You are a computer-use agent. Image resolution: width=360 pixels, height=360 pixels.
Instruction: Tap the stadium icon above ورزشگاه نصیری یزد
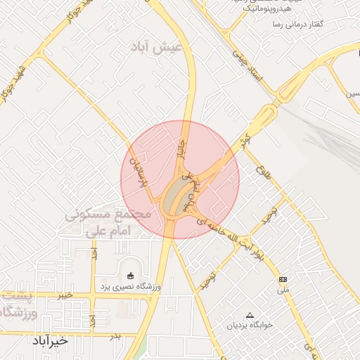(x=129, y=275)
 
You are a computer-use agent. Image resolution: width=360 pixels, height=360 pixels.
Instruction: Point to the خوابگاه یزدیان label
(x=250, y=326)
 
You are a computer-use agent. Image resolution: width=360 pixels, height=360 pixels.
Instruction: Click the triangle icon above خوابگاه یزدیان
(x=250, y=314)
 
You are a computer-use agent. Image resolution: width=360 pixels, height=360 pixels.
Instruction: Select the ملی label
(x=283, y=290)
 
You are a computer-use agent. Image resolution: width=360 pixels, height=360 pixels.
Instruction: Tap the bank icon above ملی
(x=283, y=279)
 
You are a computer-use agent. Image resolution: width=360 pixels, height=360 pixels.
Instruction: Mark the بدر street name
(x=115, y=337)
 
